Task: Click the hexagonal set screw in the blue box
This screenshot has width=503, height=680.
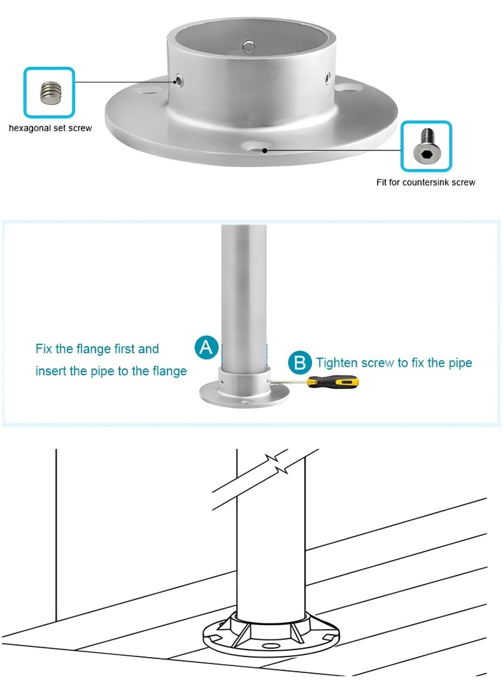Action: tap(50, 92)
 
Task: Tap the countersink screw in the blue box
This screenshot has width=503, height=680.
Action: tap(425, 146)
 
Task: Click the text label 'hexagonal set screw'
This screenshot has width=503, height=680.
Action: tap(50, 128)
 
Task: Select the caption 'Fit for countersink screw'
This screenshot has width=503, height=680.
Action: tap(425, 182)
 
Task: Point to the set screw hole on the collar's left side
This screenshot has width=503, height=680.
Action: tap(178, 80)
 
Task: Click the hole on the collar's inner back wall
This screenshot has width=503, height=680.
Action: tap(248, 45)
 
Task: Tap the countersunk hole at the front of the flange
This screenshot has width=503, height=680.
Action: tap(257, 147)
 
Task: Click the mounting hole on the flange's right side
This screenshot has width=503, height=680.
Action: tap(348, 87)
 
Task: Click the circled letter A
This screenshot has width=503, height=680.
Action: tap(206, 347)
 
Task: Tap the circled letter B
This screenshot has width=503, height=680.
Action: tap(300, 362)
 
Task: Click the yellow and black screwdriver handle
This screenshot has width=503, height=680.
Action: tap(333, 382)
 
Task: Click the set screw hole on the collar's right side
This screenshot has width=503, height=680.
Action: tap(327, 78)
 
